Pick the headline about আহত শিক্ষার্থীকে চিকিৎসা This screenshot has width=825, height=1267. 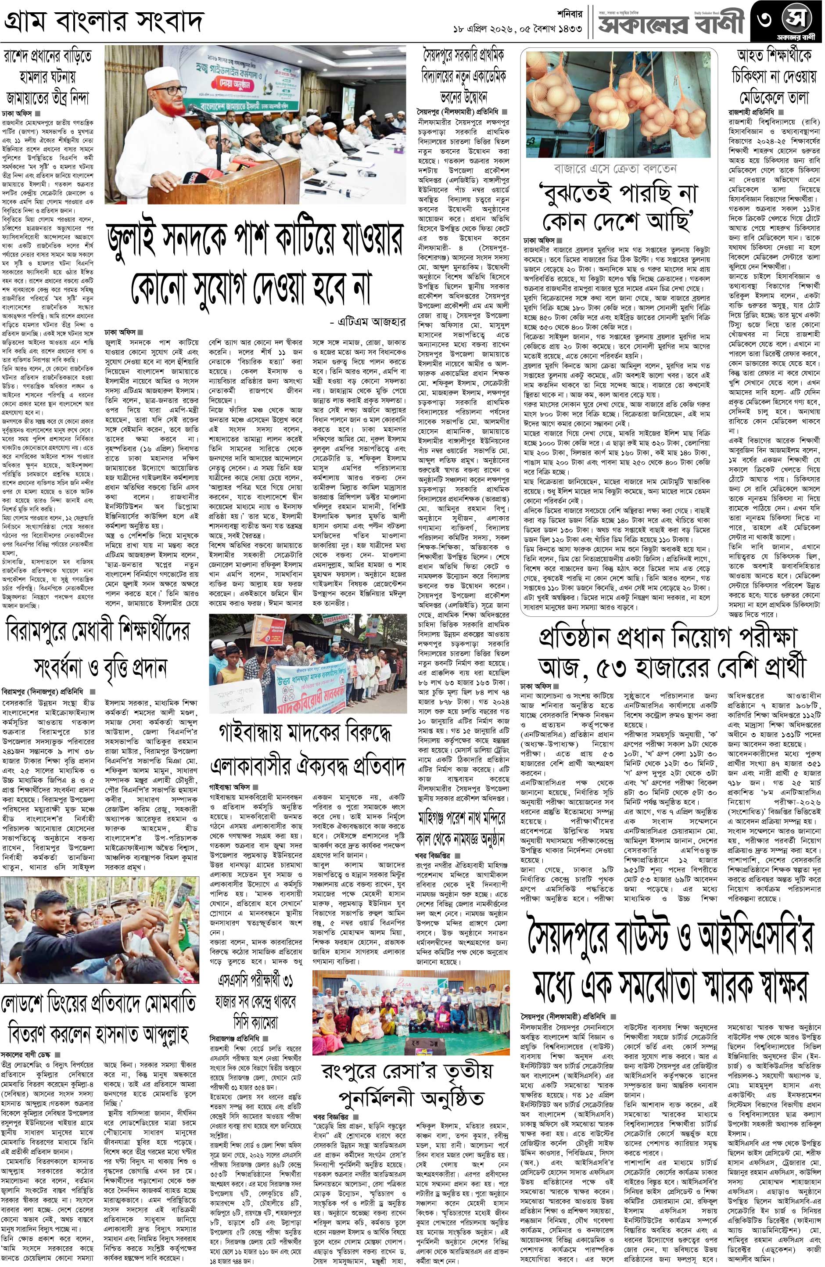773,77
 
